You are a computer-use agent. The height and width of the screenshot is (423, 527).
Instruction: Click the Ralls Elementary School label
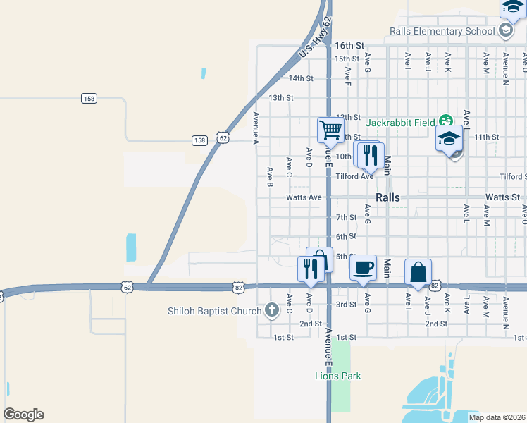coord(442,31)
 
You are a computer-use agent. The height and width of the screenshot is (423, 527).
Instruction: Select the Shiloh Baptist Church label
coord(214,311)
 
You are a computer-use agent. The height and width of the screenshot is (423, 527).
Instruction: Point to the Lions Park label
coord(337,376)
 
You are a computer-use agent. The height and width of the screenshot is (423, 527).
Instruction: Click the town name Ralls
coord(388,197)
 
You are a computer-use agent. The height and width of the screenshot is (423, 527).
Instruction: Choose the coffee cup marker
coord(363,268)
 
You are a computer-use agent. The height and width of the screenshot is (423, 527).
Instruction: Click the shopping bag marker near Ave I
coord(418,272)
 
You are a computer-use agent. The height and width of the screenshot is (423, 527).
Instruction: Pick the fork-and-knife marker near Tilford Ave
coord(371,155)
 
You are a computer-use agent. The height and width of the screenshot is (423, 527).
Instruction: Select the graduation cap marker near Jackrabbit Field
coord(449,138)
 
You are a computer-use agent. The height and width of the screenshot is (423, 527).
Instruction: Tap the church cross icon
coord(272,310)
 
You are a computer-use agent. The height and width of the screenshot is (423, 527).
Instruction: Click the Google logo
coord(23,415)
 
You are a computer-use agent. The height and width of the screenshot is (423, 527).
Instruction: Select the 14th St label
coord(301,78)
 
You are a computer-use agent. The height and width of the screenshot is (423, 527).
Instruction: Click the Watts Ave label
coord(304,197)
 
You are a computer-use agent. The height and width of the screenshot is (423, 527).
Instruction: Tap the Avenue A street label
coord(256,128)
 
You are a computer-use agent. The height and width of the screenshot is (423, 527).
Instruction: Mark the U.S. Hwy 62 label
coord(315,39)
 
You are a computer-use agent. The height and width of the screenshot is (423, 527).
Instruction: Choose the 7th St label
coord(347,218)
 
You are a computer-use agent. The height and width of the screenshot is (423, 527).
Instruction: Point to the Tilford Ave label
coord(354,176)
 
